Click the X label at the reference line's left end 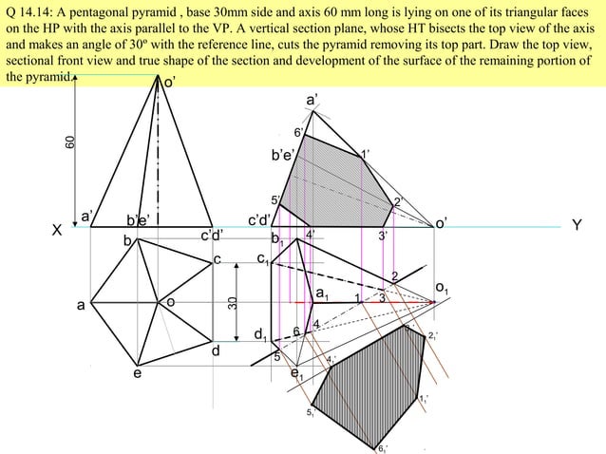click(57, 230)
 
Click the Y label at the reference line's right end click(576, 226)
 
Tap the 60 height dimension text click(69, 142)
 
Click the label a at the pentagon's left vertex click(82, 306)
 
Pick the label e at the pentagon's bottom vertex click(137, 374)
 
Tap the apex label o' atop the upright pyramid click(168, 84)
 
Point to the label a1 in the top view click(322, 294)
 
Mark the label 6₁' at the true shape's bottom click(381, 447)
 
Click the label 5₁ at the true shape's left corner click(311, 412)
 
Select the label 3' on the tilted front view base click(383, 236)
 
